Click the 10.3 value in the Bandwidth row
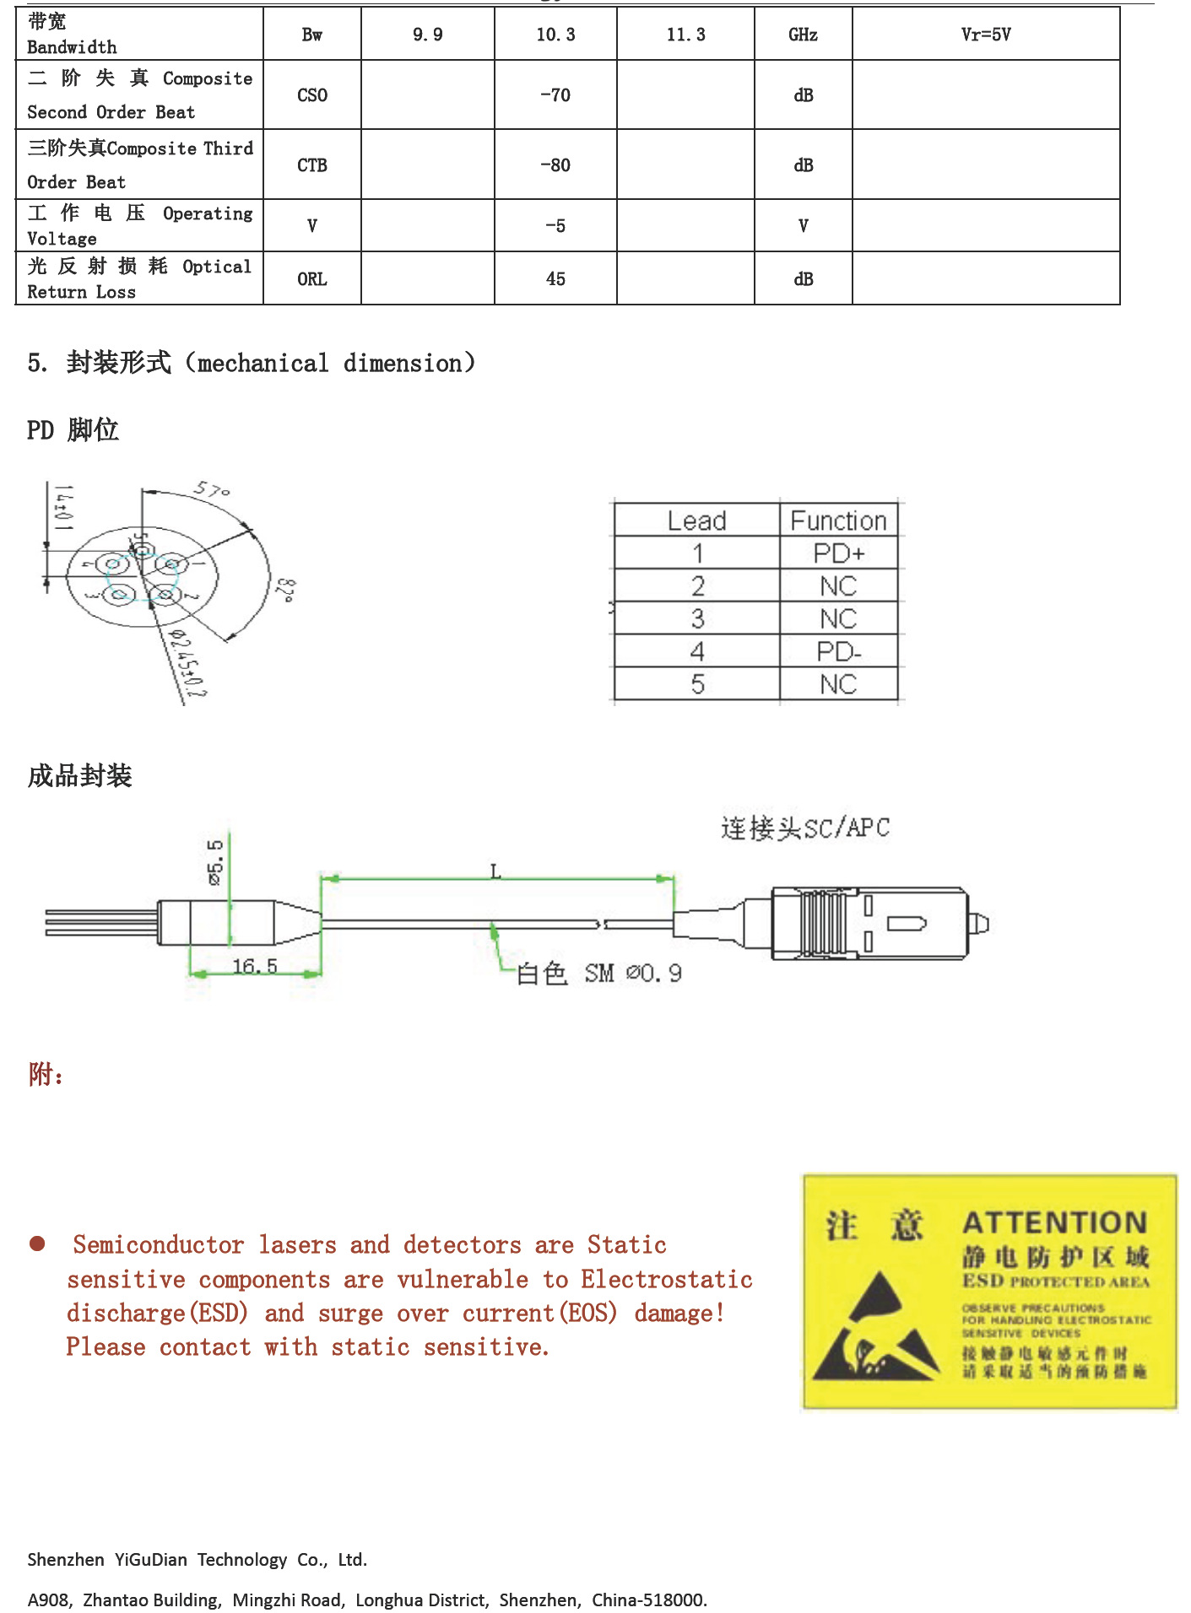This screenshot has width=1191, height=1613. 555,35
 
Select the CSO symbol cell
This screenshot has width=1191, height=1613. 311,95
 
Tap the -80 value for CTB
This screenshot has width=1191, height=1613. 555,165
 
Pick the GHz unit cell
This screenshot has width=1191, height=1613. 803,35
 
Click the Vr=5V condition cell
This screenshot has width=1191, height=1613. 985,35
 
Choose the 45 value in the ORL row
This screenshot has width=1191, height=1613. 555,279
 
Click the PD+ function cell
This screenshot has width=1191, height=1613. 838,553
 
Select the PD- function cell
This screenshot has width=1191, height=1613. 838,651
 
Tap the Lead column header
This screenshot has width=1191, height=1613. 696,521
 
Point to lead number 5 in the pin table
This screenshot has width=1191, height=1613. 697,684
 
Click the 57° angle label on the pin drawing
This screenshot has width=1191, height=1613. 211,490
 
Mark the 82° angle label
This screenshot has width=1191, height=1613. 285,590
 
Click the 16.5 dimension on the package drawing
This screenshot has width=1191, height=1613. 254,966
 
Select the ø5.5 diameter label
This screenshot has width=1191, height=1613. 215,861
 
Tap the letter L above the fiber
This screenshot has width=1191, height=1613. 495,871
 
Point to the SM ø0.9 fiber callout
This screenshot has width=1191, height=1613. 633,974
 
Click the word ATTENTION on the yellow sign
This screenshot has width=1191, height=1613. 1054,1222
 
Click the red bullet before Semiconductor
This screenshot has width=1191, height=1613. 37,1243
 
